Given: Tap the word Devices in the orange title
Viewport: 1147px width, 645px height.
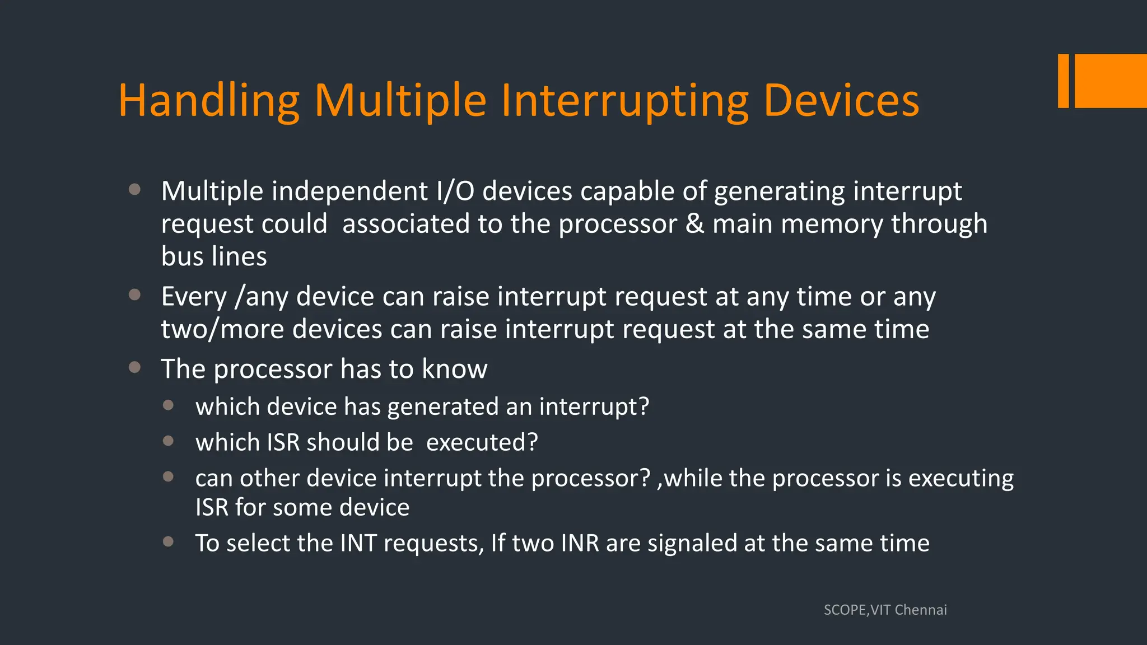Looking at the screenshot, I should (841, 101).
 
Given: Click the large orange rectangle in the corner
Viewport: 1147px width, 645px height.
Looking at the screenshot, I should (1111, 81).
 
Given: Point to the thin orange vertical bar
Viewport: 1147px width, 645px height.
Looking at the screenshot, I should (1063, 81).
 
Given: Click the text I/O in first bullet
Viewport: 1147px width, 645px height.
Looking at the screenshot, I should (455, 191).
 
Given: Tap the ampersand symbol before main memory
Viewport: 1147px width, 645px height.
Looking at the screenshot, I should (694, 224).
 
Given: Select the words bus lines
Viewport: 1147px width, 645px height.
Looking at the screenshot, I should (214, 256).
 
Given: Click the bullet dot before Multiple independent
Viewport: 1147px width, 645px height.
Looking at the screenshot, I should (134, 189).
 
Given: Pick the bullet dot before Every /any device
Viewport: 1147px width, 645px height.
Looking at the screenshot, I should (134, 295).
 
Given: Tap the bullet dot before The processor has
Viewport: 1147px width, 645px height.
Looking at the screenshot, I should (134, 367).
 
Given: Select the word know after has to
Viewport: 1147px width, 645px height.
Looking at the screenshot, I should (454, 369).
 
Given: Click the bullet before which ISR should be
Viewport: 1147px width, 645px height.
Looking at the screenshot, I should (168, 441).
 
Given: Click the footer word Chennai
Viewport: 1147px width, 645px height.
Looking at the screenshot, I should (921, 610).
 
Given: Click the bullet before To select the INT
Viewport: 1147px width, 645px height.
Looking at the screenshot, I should (168, 541).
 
